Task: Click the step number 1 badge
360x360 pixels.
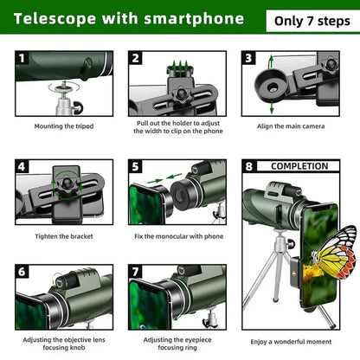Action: [22, 59]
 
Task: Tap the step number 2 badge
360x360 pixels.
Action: [136, 59]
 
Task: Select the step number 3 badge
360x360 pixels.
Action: [248, 59]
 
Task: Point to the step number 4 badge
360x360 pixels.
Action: [22, 166]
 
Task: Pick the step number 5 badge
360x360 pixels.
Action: [136, 166]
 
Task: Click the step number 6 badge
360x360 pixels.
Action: [22, 272]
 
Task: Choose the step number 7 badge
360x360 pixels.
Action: [136, 272]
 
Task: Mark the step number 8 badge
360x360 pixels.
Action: [248, 166]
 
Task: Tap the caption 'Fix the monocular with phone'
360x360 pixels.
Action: [179, 236]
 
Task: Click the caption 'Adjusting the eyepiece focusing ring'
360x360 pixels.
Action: [179, 344]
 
